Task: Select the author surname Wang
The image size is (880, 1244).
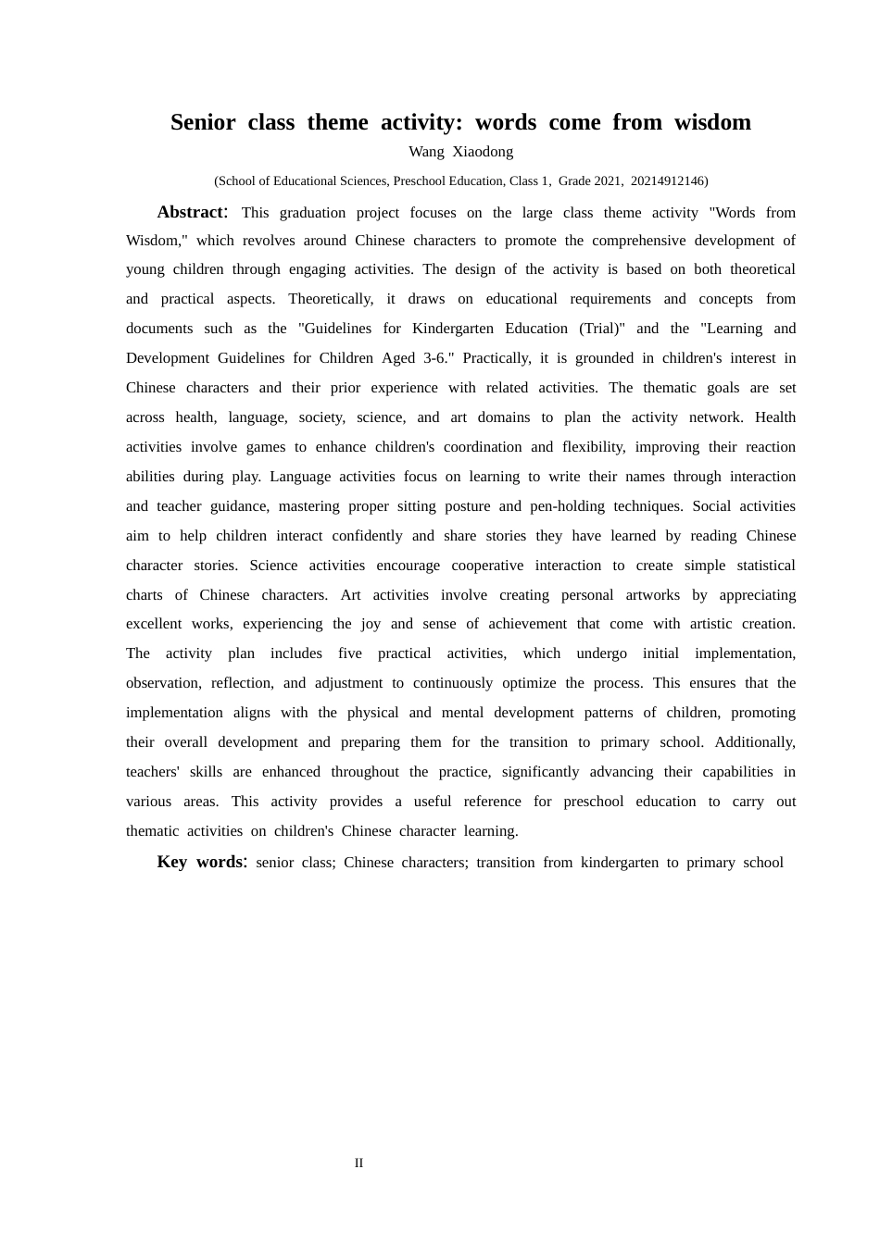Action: coord(426,152)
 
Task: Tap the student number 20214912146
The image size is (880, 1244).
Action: coord(668,181)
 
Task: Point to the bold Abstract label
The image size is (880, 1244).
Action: coord(191,212)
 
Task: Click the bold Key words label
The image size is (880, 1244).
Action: coord(201,862)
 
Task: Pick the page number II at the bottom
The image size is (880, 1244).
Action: coord(358,1163)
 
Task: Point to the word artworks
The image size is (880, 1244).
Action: coord(653,595)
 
